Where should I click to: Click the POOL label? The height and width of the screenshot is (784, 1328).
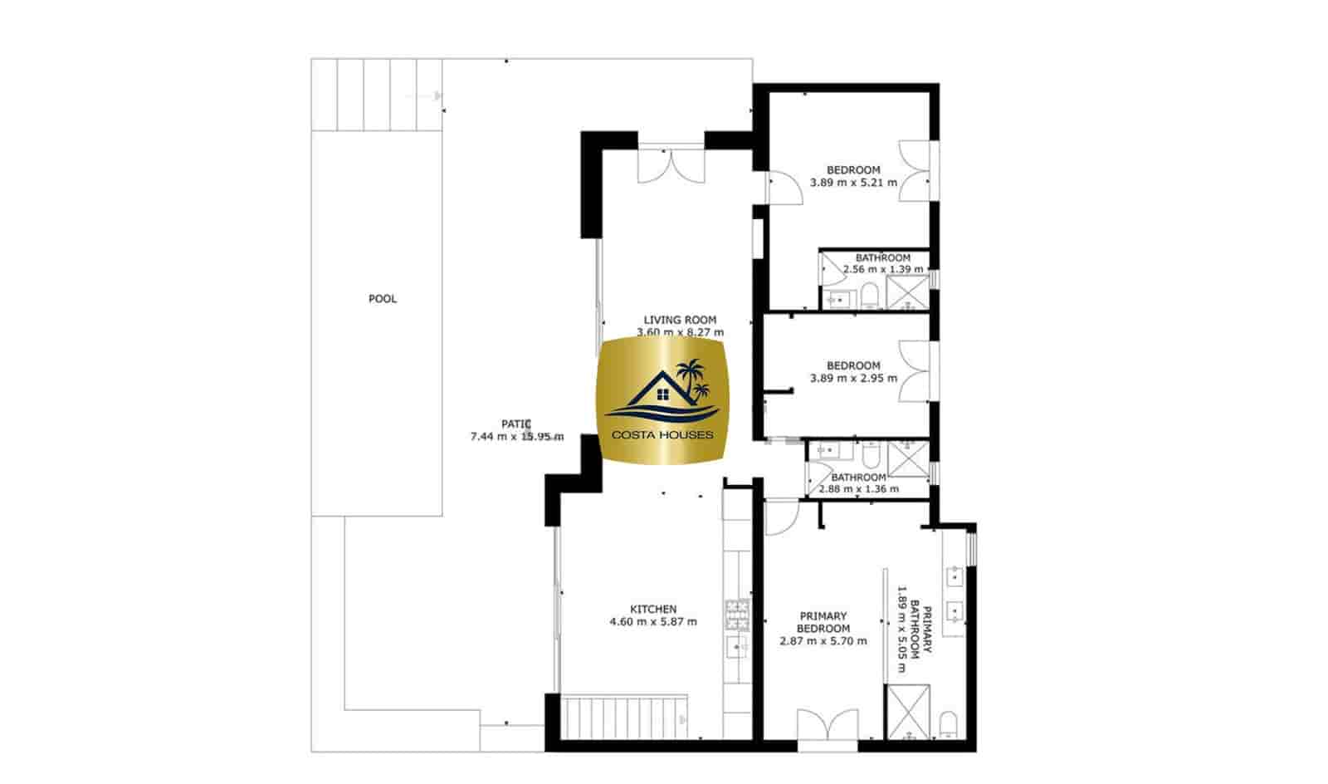point(383,299)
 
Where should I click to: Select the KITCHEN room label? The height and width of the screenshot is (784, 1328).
point(654,610)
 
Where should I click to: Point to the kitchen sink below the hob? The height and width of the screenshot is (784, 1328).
point(736,646)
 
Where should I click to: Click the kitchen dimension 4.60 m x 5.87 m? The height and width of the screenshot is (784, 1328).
point(653,622)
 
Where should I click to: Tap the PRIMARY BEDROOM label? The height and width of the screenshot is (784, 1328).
point(823,622)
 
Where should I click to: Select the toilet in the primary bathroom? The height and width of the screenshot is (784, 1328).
point(950,724)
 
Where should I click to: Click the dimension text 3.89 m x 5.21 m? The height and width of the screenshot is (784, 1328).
point(853,183)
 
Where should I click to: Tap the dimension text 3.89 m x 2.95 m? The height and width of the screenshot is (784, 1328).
point(853,378)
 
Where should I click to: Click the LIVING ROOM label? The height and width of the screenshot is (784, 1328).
point(680,320)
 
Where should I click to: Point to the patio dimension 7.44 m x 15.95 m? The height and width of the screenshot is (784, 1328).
point(516,437)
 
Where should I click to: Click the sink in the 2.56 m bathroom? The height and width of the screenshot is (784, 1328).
point(837,298)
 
